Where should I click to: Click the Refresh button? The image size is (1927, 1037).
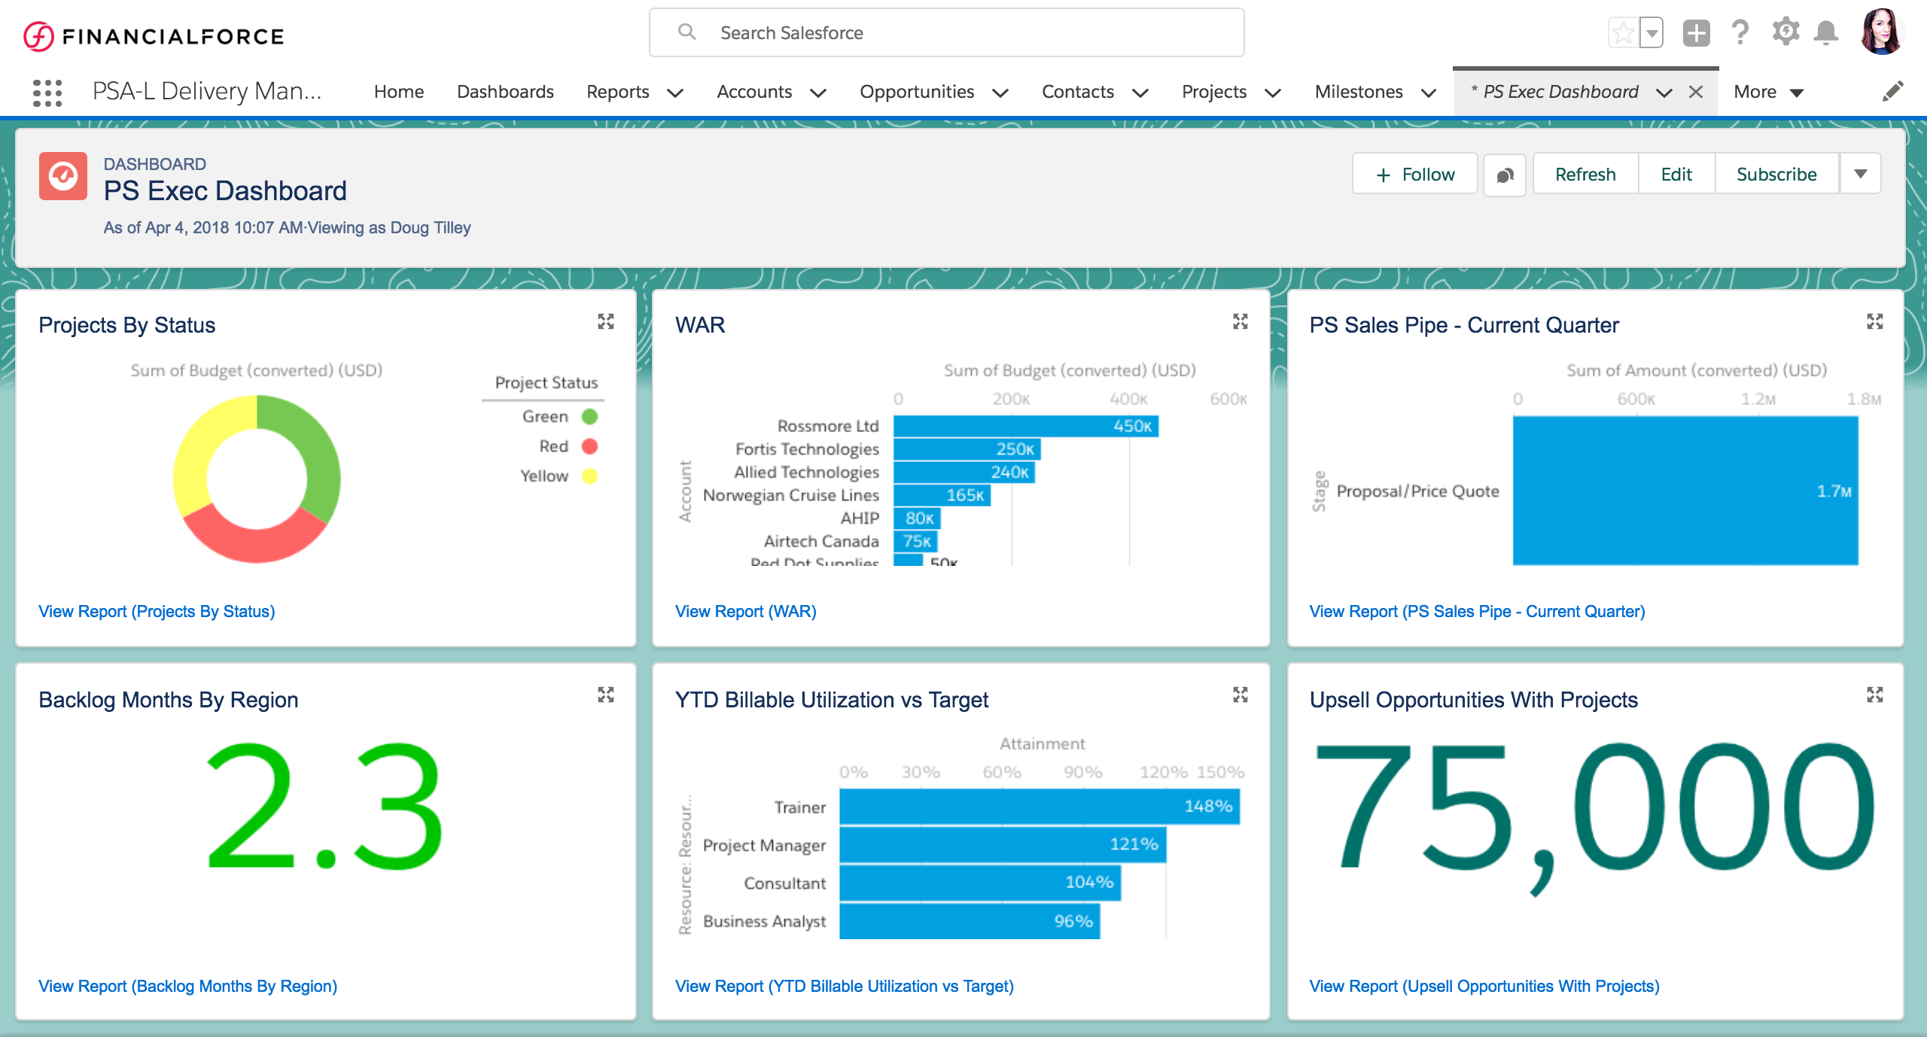coord(1585,175)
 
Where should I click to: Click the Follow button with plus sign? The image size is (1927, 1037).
coord(1415,175)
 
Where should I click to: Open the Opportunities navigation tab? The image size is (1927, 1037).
coord(917,92)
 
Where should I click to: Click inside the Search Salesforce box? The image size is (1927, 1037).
coord(945,33)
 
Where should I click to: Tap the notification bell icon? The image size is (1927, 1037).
coord(1826,32)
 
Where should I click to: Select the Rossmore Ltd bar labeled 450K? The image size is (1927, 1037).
coord(1025,426)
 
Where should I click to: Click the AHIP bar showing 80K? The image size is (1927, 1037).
coord(917,518)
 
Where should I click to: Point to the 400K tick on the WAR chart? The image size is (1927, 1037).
coord(1128,399)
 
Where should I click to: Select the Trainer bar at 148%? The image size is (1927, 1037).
coord(1039,806)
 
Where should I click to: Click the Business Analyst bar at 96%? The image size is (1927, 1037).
coord(970,921)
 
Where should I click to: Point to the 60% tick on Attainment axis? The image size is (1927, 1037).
coord(1002,772)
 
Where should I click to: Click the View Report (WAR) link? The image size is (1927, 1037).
coord(745,611)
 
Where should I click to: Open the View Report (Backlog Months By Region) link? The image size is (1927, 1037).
coord(187,986)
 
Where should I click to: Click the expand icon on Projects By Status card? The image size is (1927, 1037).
coord(606,322)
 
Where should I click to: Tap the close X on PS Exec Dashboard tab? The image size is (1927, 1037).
coord(1696,92)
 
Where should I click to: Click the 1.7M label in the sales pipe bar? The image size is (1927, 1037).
coord(1834,491)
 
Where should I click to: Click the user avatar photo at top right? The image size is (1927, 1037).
coord(1881,32)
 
